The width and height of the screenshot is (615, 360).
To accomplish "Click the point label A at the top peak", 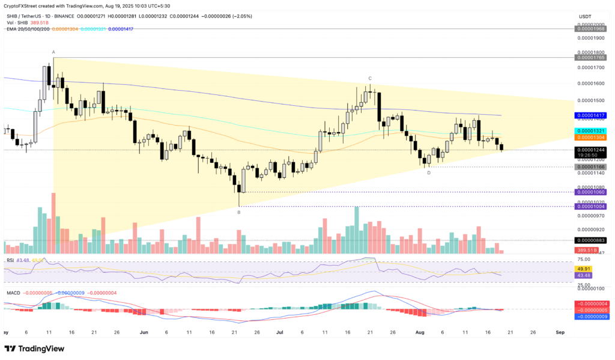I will pyautogui.click(x=53, y=52).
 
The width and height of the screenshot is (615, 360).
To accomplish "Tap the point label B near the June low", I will pyautogui.click(x=239, y=212).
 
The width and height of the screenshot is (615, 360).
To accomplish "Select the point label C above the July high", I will pyautogui.click(x=370, y=79).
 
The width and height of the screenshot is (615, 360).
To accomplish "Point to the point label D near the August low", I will pyautogui.click(x=428, y=172).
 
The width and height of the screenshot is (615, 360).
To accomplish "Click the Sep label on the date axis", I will pyautogui.click(x=560, y=332).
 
